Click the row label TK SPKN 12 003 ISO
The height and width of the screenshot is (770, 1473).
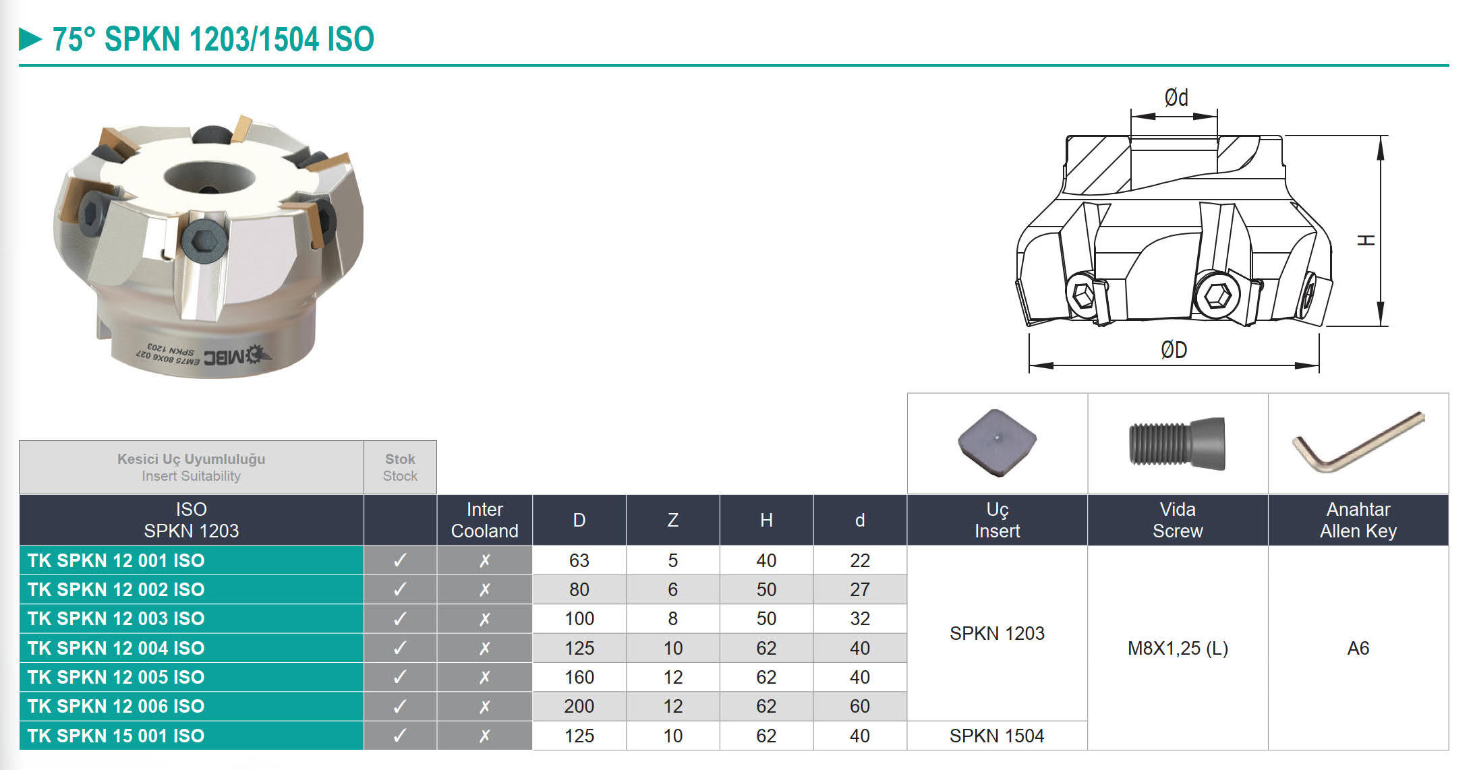click(x=116, y=618)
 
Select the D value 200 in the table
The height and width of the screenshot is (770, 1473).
click(x=579, y=706)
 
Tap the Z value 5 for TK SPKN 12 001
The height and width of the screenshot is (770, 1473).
click(x=672, y=560)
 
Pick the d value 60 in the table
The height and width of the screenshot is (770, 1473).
click(x=859, y=706)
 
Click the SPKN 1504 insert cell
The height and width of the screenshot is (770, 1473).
click(x=997, y=736)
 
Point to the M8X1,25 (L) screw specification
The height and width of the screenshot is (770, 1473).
click(x=1178, y=648)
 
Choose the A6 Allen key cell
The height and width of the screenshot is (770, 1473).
click(x=1358, y=648)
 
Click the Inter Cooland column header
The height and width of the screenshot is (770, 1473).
click(x=484, y=520)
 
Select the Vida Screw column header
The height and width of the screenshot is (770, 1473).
click(x=1178, y=520)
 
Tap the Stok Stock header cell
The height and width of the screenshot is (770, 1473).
click(x=400, y=467)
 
